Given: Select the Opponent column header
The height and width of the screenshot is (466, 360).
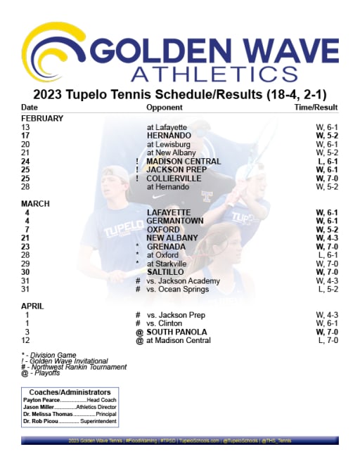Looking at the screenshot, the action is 164,108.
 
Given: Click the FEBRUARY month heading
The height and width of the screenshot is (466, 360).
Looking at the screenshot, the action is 42,118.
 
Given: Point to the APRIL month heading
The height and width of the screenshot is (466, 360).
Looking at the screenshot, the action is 33,306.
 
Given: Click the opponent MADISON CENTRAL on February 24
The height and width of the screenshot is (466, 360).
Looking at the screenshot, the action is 184,161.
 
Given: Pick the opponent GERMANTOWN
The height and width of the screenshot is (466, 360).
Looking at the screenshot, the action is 175,221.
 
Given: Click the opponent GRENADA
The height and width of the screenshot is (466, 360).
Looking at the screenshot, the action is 166,247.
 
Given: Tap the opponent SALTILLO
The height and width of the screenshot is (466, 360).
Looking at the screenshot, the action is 165,272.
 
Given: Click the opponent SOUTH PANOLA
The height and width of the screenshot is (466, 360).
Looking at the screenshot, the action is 179,332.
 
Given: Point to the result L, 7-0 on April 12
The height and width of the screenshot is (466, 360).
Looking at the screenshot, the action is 328,340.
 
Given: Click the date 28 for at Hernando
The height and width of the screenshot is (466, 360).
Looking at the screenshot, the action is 26,186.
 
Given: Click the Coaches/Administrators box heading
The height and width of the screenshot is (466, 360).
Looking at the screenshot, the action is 70,391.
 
